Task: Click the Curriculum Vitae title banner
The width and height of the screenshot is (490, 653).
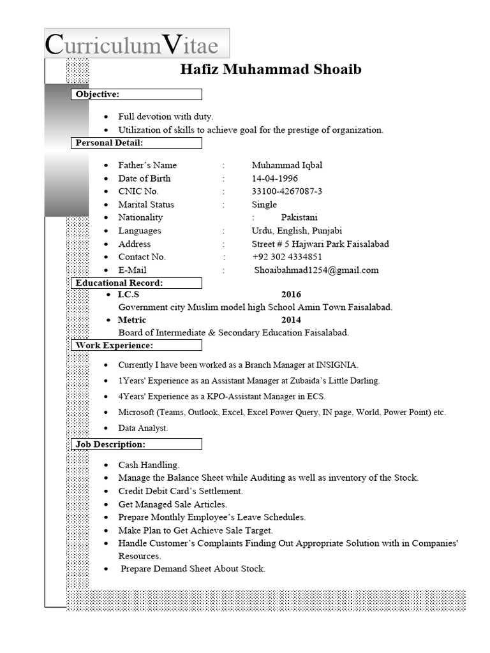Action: coord(137,44)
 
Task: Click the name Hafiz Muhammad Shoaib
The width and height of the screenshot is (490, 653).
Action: coord(271,70)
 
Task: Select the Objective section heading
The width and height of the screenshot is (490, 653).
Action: coord(98,94)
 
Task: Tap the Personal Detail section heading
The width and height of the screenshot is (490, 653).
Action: coord(109,142)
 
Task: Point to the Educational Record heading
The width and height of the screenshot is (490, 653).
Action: coord(119,282)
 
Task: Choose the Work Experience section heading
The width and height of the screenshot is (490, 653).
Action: coord(114,345)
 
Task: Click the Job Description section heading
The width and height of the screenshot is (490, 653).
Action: coord(110,443)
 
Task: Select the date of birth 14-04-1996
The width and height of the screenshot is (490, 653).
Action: coord(274,178)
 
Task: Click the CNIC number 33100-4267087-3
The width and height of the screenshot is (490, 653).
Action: coord(286,191)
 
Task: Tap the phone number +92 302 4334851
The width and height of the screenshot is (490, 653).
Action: coord(286,256)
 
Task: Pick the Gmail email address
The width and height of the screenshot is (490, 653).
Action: coord(316,270)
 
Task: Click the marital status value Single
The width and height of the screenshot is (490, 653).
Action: coord(264,205)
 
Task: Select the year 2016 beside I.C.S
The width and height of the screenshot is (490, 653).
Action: coord(291,295)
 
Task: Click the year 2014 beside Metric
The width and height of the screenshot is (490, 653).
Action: coord(291,319)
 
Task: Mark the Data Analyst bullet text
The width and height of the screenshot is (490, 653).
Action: coord(143,428)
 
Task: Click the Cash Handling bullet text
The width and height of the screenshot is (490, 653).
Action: coord(149,464)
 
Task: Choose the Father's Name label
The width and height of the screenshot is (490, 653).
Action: coord(147,165)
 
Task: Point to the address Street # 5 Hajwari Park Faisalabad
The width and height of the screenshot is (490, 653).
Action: coord(320,244)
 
